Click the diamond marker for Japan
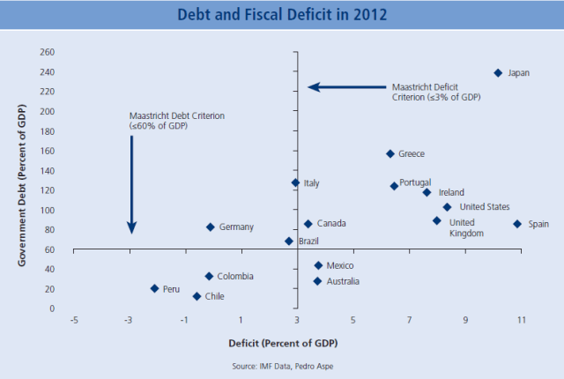coord(498,73)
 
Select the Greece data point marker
coord(390,153)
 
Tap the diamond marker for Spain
coord(517,224)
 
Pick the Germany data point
coord(211,227)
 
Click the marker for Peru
coord(154,288)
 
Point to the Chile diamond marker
coord(197,296)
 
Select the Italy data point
coord(295,183)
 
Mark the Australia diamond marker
coord(317,281)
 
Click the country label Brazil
coord(308,241)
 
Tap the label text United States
coord(485,207)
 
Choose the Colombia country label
coord(236,276)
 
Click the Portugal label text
coord(415,183)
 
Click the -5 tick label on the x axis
coord(74,320)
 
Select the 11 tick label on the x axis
coord(522,320)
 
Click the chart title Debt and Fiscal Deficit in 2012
coord(282,15)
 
